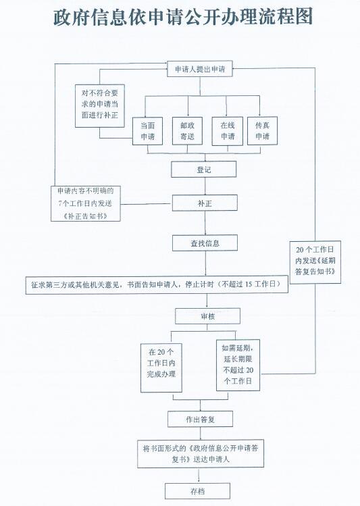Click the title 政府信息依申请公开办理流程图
[183, 17]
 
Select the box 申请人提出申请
[200, 69]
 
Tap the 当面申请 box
[147, 131]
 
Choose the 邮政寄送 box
[187, 130]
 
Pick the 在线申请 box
[228, 131]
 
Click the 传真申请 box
[262, 130]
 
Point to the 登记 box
[203, 170]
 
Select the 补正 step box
[205, 203]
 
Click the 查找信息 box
[205, 243]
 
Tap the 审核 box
[208, 316]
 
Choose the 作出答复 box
[200, 420]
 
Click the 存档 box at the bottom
[197, 491]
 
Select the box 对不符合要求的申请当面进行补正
[100, 106]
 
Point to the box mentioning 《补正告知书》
[86, 203]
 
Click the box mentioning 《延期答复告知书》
[315, 262]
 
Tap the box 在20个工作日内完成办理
[161, 368]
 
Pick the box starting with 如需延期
[238, 365]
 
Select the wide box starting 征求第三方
[157, 284]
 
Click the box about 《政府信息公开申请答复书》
[201, 453]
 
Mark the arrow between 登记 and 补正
[205, 186]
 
